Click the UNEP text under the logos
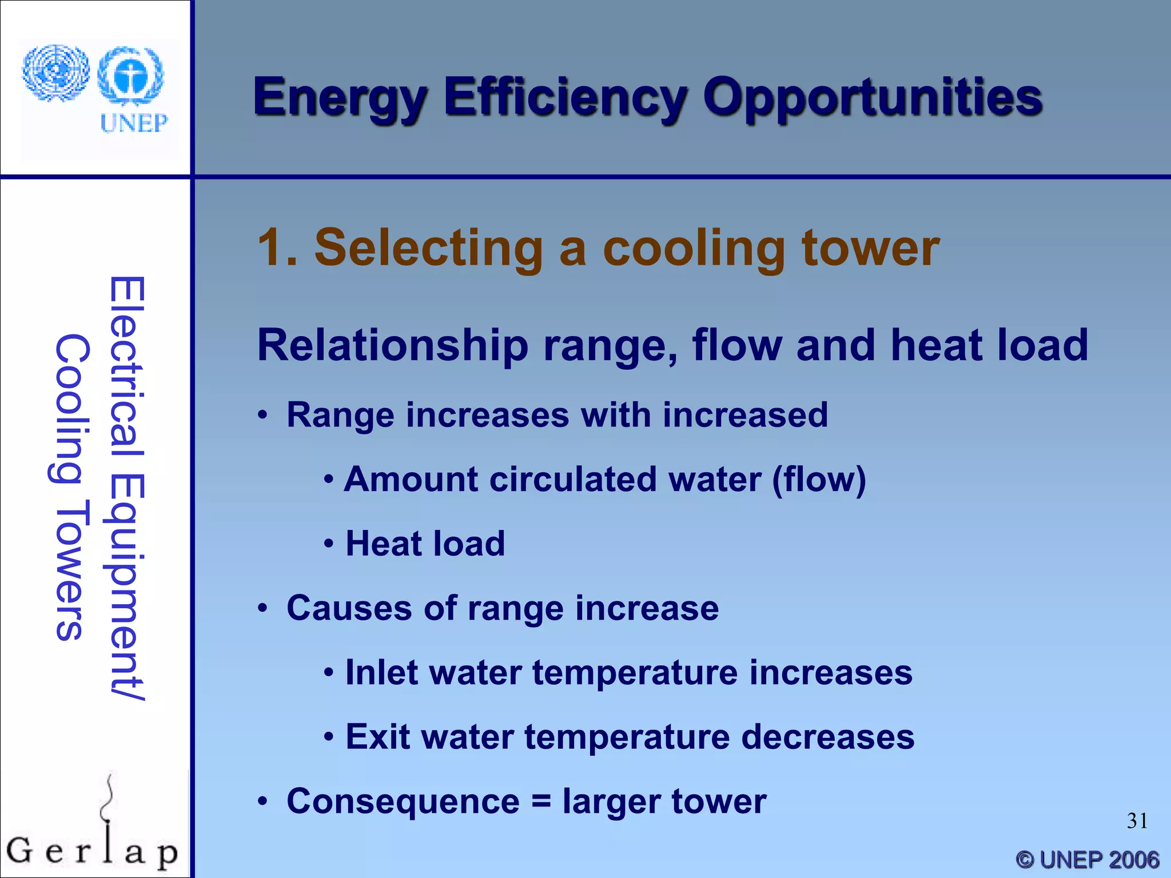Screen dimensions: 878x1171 (134, 123)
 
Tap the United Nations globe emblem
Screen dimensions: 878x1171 (55, 73)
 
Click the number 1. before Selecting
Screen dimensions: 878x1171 (277, 248)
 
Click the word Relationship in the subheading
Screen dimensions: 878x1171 (393, 345)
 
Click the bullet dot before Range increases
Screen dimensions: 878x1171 (262, 416)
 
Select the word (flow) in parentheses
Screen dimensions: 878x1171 (819, 479)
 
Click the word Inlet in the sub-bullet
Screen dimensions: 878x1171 (381, 672)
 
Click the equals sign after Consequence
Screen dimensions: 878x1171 (541, 801)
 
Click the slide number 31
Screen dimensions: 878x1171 (1137, 821)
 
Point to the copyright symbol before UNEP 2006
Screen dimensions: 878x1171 (1025, 859)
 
